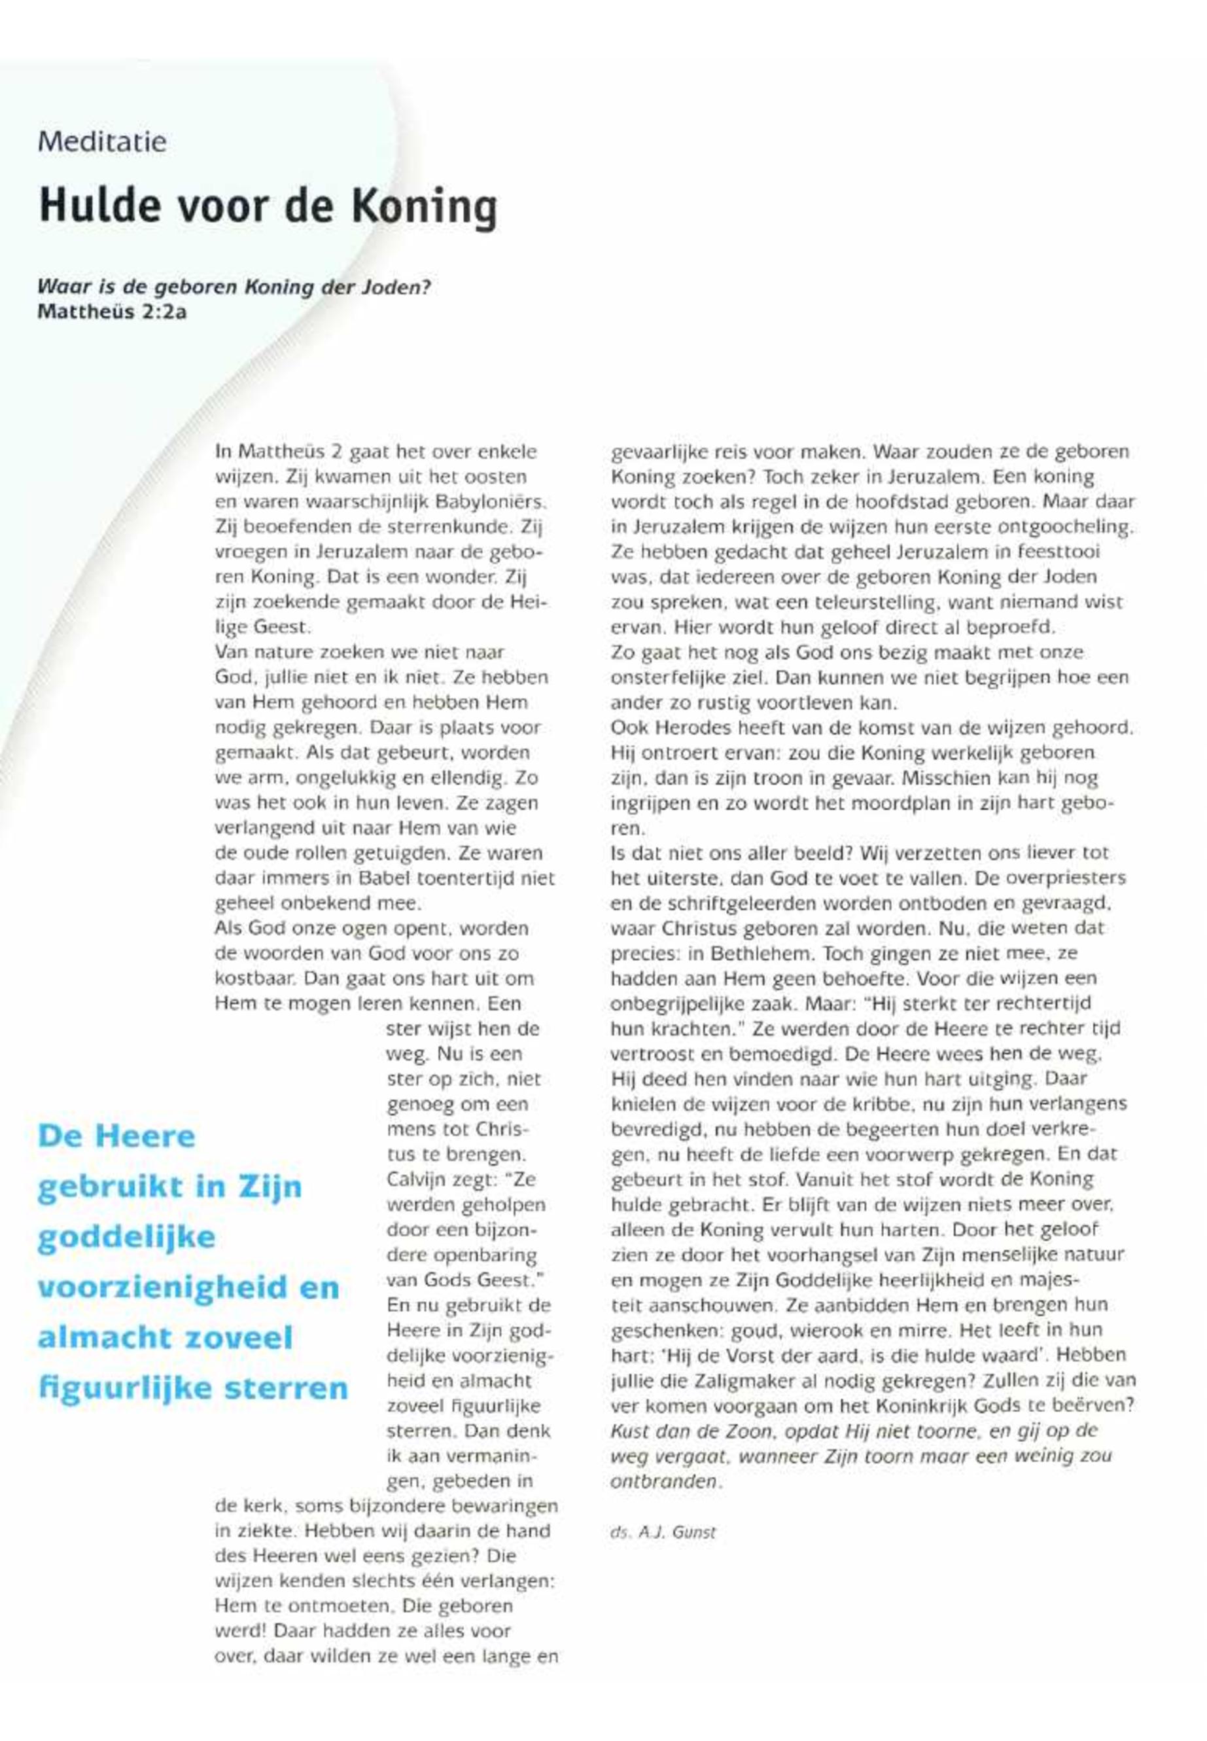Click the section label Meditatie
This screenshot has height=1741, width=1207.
pos(102,141)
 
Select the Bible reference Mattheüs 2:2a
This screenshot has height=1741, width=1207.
pos(111,311)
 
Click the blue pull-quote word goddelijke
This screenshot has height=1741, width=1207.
pos(126,1237)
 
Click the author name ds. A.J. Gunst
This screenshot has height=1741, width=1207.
pos(663,1533)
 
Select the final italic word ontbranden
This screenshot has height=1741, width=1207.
pos(663,1481)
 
